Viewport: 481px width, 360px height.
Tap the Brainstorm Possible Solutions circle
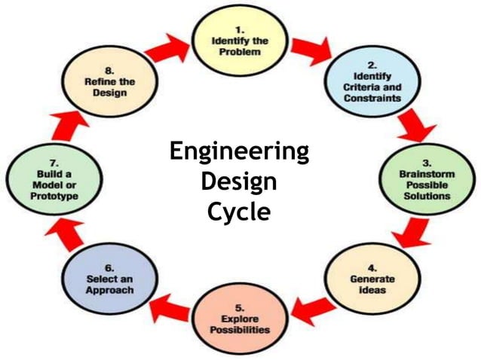click(x=426, y=180)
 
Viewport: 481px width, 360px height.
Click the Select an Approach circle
click(x=109, y=279)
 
